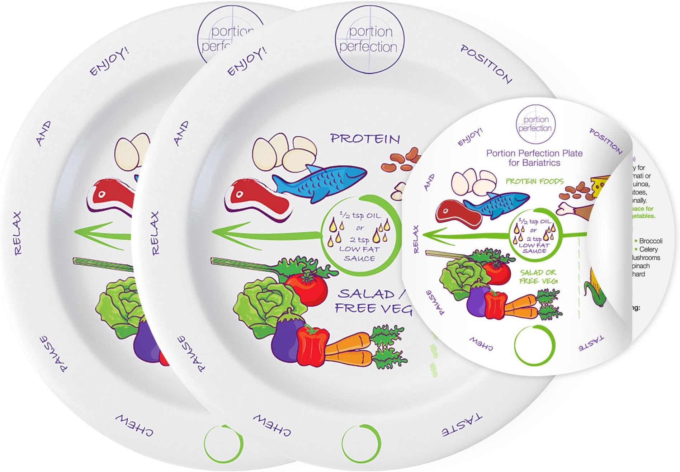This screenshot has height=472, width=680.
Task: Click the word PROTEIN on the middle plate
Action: point(365,139)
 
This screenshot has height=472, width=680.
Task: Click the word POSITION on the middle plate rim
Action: point(486,64)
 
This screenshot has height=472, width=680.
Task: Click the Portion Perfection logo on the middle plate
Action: point(369,39)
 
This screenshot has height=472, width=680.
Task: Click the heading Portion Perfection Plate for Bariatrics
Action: point(534,158)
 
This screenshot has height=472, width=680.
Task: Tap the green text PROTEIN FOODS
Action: point(534,181)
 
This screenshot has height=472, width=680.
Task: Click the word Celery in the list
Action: point(648,249)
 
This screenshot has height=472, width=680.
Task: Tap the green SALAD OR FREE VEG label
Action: point(538,277)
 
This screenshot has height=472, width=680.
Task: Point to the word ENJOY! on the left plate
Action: point(109,61)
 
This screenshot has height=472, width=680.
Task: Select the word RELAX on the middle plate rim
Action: point(154,233)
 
